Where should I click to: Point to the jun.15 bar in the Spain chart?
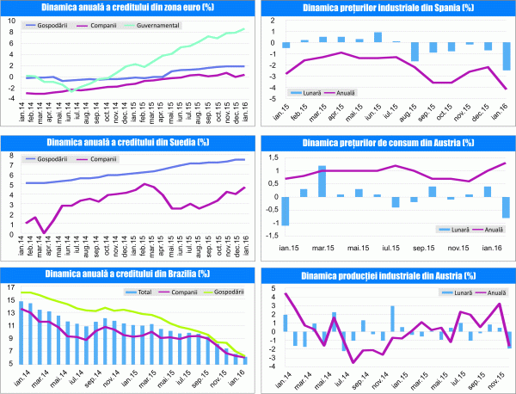[x=378, y=37]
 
